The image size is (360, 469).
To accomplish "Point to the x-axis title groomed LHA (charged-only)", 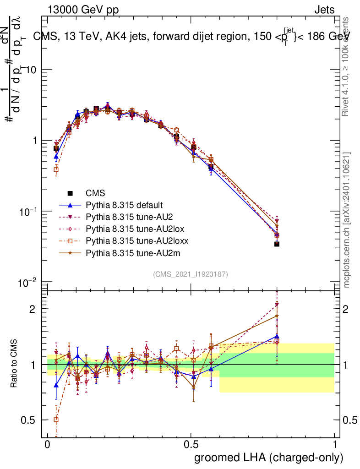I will coord(269,458).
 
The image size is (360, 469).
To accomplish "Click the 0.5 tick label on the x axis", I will coord(191,445).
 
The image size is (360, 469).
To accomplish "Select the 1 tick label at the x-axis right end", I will coord(334,445).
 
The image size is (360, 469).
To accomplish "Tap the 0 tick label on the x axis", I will coord(48,445).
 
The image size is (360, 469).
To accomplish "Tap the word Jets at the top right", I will coord(324,10).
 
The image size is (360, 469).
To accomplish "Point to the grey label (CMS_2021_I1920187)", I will coord(191,274).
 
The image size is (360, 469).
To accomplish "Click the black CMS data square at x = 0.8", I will coord(277,244).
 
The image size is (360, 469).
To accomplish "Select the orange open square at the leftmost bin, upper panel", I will coord(56,169).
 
